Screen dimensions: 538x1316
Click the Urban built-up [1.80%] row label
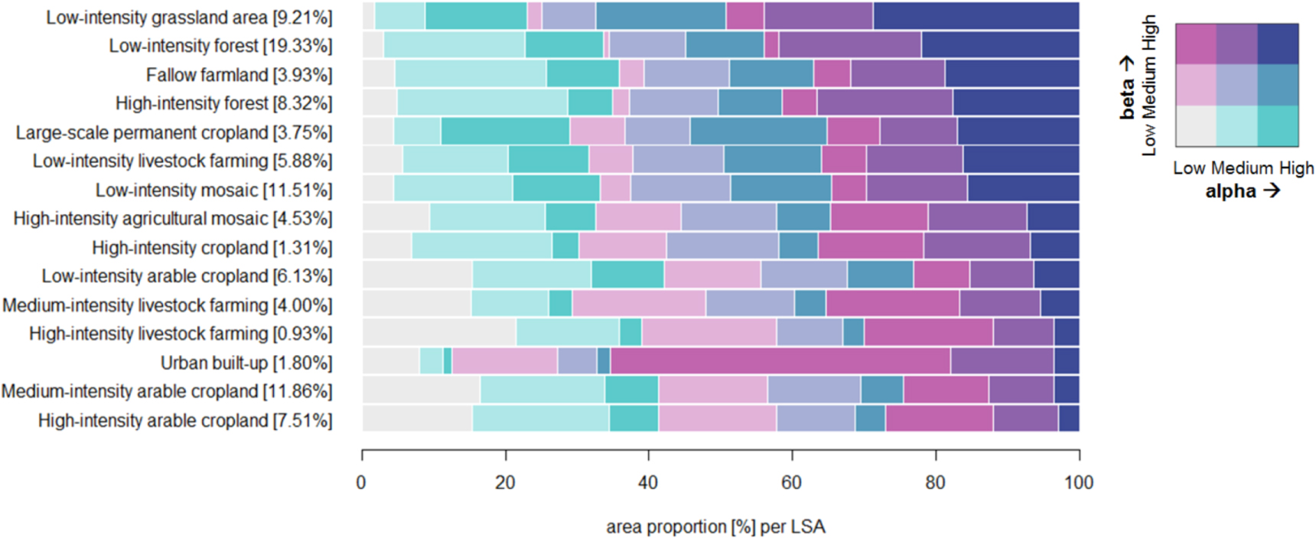(x=246, y=363)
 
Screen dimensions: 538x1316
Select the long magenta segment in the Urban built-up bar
(x=780, y=361)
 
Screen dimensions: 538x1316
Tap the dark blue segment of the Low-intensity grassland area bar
(x=976, y=16)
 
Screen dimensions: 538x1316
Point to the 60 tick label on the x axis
(x=791, y=483)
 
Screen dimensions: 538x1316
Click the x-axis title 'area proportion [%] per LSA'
(x=715, y=527)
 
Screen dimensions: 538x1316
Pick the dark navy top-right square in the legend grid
(x=1278, y=44)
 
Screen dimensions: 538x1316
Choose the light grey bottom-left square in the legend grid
(x=1195, y=126)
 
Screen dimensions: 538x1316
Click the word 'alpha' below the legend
(x=1230, y=191)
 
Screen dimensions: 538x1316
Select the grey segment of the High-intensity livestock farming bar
(x=438, y=333)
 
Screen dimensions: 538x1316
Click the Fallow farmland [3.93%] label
(x=239, y=75)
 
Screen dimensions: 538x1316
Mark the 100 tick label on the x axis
(x=1078, y=483)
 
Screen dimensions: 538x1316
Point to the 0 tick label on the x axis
(x=361, y=483)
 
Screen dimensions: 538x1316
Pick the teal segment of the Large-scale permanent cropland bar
(x=505, y=132)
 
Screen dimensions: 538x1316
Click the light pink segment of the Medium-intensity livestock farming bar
(x=638, y=304)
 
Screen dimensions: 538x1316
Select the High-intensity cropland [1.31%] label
(x=212, y=248)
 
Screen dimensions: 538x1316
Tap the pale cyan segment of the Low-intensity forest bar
(x=454, y=45)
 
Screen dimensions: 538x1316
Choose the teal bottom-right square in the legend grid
(x=1278, y=126)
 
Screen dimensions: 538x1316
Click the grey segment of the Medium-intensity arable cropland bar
(x=421, y=390)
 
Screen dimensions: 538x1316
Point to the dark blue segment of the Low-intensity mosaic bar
(x=1023, y=189)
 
